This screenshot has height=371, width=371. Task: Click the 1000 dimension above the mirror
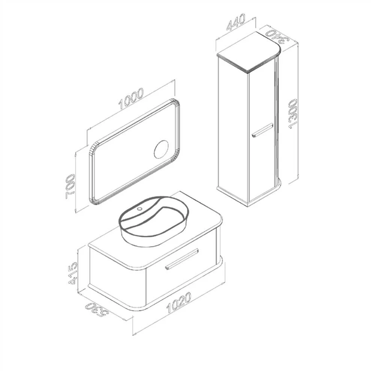pos(132,99)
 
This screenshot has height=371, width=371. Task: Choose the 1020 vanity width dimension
pos(179,303)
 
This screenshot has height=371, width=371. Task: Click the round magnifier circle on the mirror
pos(162,150)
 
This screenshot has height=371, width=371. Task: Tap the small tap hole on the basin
pos(140,209)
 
